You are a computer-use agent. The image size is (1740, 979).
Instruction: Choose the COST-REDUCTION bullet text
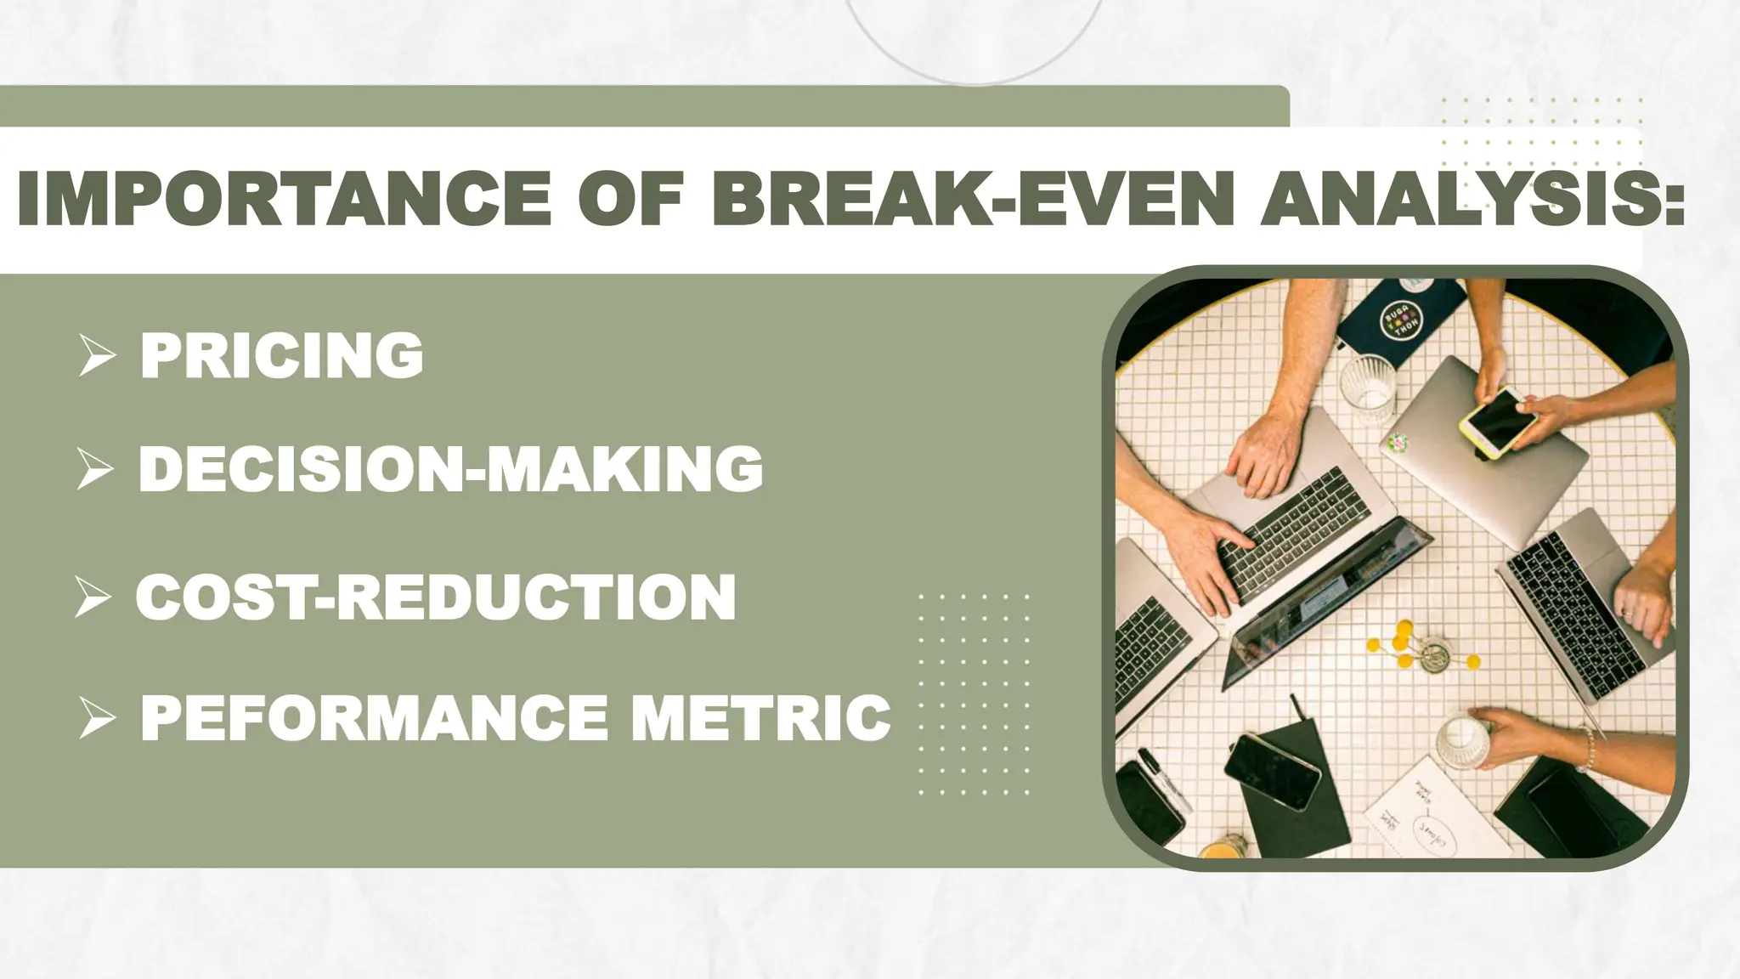click(436, 597)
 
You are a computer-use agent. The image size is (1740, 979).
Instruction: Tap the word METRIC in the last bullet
click(760, 718)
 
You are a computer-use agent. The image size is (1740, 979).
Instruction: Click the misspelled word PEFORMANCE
click(374, 718)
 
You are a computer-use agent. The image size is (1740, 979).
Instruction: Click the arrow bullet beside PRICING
click(96, 355)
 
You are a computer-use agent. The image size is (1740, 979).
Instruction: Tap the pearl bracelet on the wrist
click(1587, 748)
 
